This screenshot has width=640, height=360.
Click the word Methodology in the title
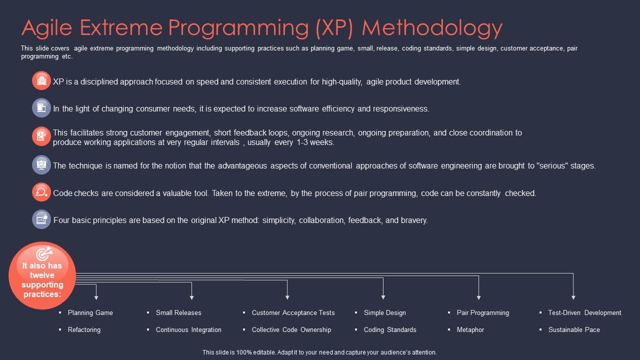(432, 28)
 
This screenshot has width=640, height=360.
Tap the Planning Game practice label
(90, 313)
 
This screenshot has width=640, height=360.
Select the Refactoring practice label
(84, 330)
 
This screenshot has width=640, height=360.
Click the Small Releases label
(178, 313)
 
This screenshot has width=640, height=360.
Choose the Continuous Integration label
(188, 330)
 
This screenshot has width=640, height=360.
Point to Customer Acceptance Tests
(293, 313)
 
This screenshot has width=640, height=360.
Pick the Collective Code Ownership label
(291, 330)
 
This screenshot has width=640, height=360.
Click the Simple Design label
(385, 313)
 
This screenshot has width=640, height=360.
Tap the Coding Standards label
(390, 330)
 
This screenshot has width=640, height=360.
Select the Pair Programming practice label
(483, 313)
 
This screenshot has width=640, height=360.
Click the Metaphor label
(470, 330)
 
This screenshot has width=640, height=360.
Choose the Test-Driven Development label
(584, 313)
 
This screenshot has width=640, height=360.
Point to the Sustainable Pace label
(574, 330)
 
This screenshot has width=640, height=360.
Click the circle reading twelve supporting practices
(42, 275)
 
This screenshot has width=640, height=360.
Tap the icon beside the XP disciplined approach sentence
(41, 80)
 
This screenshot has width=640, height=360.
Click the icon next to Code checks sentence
(41, 192)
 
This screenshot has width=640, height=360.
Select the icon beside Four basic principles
(41, 219)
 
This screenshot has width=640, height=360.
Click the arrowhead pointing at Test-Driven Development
(573, 297)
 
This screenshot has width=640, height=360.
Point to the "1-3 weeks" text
(315, 142)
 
